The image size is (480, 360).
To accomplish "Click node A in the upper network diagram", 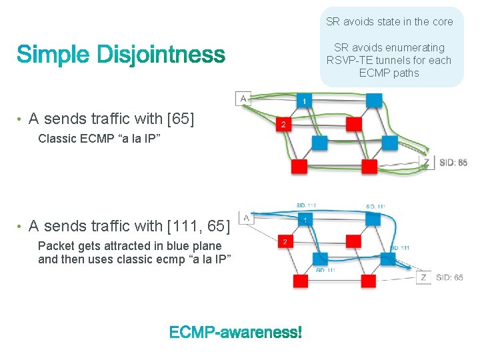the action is point(243,98).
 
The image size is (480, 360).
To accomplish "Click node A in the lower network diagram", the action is point(246,217).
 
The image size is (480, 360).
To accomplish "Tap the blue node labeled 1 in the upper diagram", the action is point(305,101).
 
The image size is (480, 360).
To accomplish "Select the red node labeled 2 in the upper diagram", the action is point(284,124).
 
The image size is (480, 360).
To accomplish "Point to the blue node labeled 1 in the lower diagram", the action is point(305,219).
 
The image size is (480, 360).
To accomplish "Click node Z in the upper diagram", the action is point(425,162).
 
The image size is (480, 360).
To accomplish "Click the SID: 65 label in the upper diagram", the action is point(453,162).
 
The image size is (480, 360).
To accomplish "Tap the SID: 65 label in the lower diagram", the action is point(450,277).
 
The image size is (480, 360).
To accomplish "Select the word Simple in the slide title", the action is point(53,55).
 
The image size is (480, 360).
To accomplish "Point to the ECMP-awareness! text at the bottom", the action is point(235,332).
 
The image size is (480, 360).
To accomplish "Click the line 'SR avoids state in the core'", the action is point(389,21).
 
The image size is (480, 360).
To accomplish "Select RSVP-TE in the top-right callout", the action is point(349,60).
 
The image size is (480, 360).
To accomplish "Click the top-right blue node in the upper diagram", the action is point(374,100).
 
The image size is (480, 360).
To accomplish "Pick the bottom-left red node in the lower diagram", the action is point(301,281).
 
